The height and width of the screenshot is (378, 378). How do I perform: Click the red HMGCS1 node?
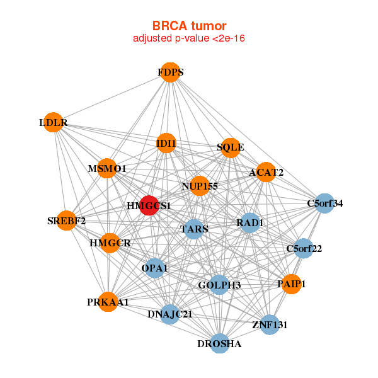click(x=149, y=205)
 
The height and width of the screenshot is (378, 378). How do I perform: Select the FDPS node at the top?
click(x=171, y=72)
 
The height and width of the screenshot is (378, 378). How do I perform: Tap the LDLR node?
click(x=54, y=122)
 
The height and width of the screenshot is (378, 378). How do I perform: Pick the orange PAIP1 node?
click(x=292, y=284)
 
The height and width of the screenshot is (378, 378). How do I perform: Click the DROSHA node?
click(x=219, y=343)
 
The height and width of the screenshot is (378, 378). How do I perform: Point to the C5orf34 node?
click(x=324, y=203)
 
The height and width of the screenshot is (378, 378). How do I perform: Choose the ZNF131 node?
click(x=270, y=324)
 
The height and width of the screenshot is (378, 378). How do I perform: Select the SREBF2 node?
click(x=66, y=220)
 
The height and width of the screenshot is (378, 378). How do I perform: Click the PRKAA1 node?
click(x=108, y=302)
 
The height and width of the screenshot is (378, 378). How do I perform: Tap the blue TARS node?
click(x=194, y=229)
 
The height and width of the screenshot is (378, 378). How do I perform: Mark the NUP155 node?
click(x=200, y=186)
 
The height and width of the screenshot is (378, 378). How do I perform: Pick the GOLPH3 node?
click(x=219, y=285)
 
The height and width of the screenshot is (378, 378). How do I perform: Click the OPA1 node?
click(x=154, y=268)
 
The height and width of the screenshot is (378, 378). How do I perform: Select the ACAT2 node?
click(x=266, y=172)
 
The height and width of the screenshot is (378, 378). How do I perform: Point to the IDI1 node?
click(x=166, y=143)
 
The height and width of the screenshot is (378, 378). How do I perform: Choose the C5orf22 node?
click(x=304, y=248)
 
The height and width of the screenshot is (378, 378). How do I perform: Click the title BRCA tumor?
click(x=189, y=26)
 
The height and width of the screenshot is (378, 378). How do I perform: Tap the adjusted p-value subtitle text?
click(x=189, y=38)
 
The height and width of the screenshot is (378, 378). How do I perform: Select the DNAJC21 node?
click(x=169, y=314)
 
